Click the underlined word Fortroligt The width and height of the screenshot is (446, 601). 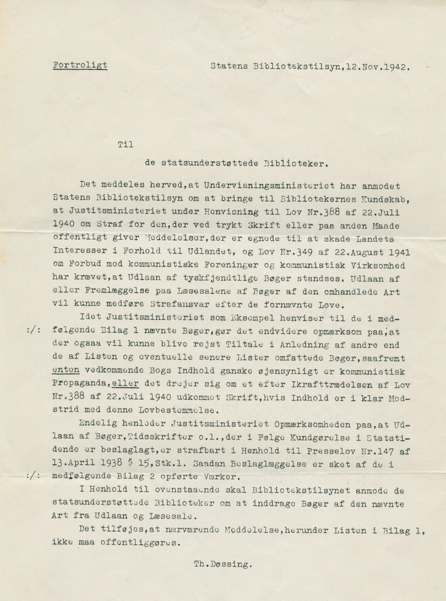80,65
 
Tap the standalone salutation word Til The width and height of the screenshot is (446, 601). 125,145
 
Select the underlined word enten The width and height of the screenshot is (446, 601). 65,370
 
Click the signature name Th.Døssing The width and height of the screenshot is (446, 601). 223,563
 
